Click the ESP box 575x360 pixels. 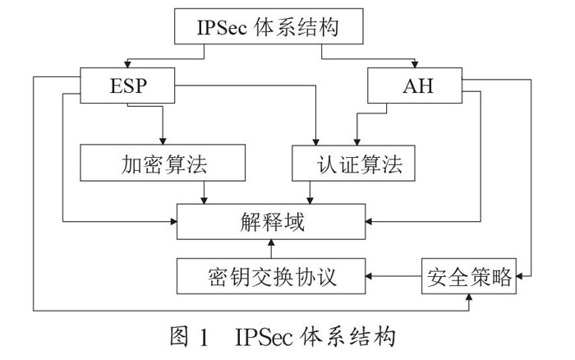127,85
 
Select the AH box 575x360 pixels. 415,85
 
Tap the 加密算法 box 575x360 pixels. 163,163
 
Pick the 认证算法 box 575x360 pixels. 353,164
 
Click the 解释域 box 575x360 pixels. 271,222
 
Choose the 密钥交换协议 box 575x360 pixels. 271,276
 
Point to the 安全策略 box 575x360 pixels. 469,276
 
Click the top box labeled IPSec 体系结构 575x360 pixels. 269,26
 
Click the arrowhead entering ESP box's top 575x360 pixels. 127,64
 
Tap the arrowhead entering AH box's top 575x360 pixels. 415,64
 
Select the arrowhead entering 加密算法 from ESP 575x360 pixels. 163,141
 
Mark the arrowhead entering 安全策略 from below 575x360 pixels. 469,298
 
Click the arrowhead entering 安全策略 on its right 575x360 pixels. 520,276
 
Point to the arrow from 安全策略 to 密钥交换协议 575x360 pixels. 393,276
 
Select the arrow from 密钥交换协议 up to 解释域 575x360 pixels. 271,249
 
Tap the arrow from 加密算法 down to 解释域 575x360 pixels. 205,192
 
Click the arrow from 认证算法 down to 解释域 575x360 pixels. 310,192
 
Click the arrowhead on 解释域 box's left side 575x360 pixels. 173,221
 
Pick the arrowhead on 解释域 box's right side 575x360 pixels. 369,221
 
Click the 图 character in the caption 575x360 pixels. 179,336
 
